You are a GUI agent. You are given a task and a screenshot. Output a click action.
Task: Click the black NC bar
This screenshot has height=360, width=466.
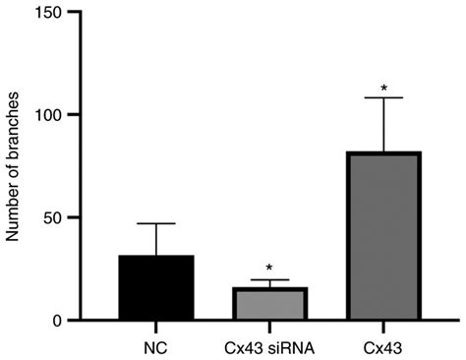coord(142,287)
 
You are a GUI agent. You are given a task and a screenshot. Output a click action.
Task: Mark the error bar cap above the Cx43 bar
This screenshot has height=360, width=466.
coord(384,97)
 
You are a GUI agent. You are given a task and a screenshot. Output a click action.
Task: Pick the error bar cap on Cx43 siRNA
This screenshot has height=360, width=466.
coord(269,280)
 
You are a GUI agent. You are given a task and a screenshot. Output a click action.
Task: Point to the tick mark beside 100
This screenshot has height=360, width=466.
coord(76,115)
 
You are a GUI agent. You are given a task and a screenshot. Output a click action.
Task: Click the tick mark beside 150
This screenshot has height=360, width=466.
coord(76,12)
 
